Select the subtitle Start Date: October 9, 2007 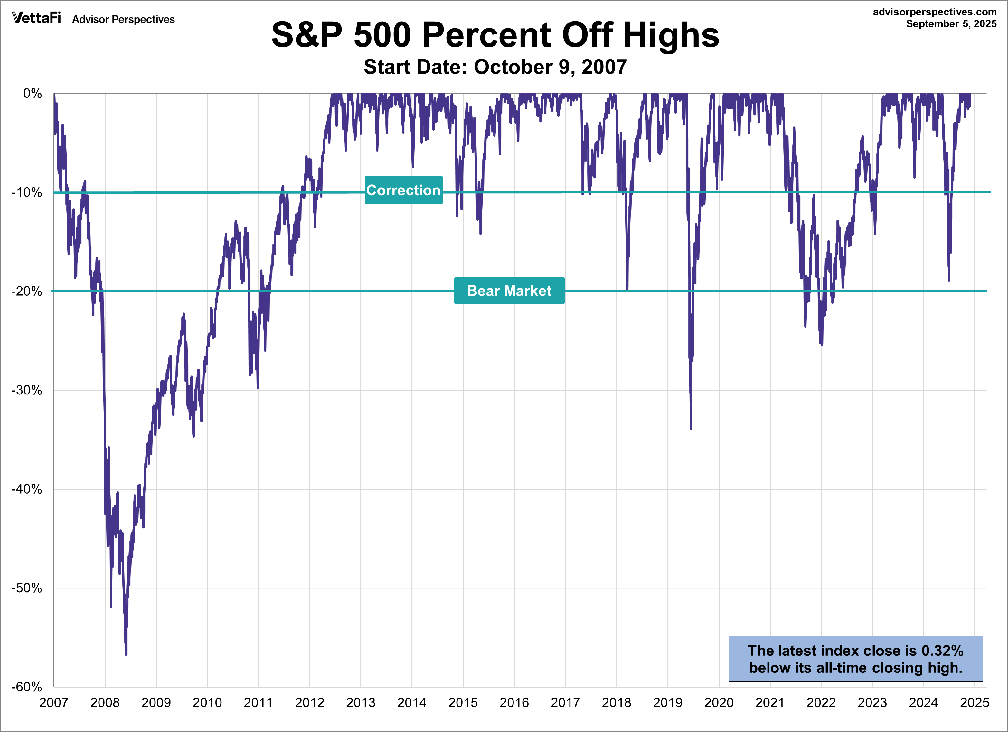coord(495,67)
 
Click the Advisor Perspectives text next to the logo coord(124,20)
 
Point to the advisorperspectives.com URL coord(935,12)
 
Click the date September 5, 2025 coord(951,24)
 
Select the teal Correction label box coord(403,190)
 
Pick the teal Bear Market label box coord(509,291)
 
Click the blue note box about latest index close coord(855,659)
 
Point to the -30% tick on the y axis coord(27,390)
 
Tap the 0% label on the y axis coord(33,94)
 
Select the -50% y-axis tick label coord(27,588)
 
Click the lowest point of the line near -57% coord(126,654)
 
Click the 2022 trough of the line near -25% coord(821,344)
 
